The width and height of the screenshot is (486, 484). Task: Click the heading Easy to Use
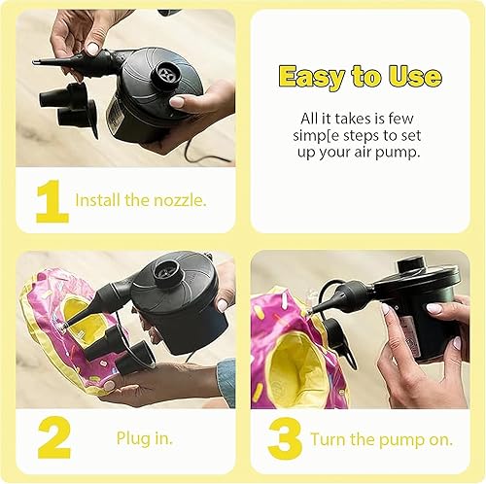[360, 77]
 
